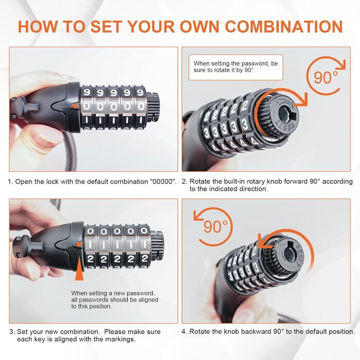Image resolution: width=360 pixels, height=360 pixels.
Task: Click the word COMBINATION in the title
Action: pos(284,27)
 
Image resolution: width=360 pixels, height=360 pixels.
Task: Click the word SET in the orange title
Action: pos(106,27)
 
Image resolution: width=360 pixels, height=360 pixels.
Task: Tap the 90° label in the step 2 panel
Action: pos(326,77)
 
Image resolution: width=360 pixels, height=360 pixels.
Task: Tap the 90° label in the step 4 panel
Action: pos(215,227)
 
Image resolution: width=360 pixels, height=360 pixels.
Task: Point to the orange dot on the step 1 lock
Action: pos(75,106)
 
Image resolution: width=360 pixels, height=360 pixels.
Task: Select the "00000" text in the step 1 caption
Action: pos(163,182)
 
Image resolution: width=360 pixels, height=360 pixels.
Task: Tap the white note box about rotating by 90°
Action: pos(236,67)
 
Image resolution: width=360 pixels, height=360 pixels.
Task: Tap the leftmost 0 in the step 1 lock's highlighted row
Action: pos(87,106)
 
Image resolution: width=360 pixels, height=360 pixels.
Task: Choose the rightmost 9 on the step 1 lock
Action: pos(140,93)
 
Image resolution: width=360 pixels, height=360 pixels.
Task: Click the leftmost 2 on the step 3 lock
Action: pos(90,259)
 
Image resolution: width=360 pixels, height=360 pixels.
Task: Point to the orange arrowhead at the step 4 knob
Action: pos(264,241)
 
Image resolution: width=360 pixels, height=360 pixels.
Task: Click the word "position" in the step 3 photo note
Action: pos(101,307)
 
